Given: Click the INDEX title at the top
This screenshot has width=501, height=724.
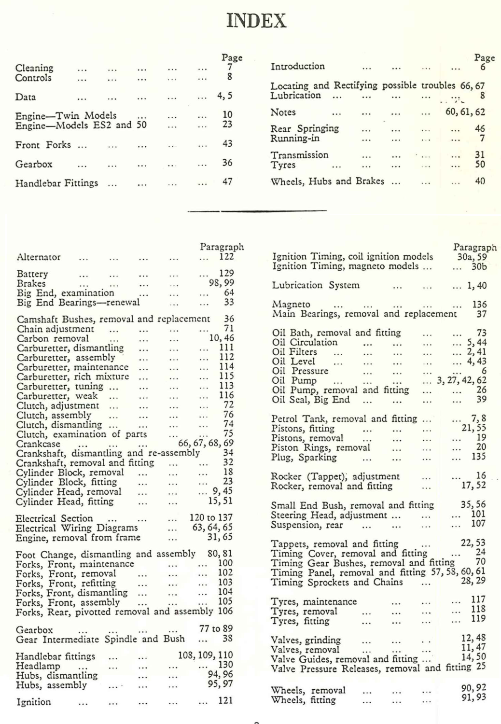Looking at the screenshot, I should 256,21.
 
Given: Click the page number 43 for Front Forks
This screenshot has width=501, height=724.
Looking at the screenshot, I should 227,144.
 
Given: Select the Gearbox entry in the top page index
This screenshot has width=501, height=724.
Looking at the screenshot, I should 34,164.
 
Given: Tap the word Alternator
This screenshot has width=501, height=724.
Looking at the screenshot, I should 39,257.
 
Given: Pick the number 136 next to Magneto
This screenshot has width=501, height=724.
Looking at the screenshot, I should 479,305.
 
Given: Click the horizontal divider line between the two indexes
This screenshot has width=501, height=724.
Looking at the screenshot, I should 256,210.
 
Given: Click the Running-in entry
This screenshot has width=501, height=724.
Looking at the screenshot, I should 295,139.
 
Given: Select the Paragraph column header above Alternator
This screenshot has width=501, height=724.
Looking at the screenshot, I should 222,247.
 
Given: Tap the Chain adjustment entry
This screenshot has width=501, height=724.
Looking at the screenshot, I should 56,329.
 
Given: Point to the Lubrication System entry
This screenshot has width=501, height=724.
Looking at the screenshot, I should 316,285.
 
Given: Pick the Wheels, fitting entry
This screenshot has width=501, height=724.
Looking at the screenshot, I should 303,700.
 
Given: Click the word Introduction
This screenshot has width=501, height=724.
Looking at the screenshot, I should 298,67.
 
